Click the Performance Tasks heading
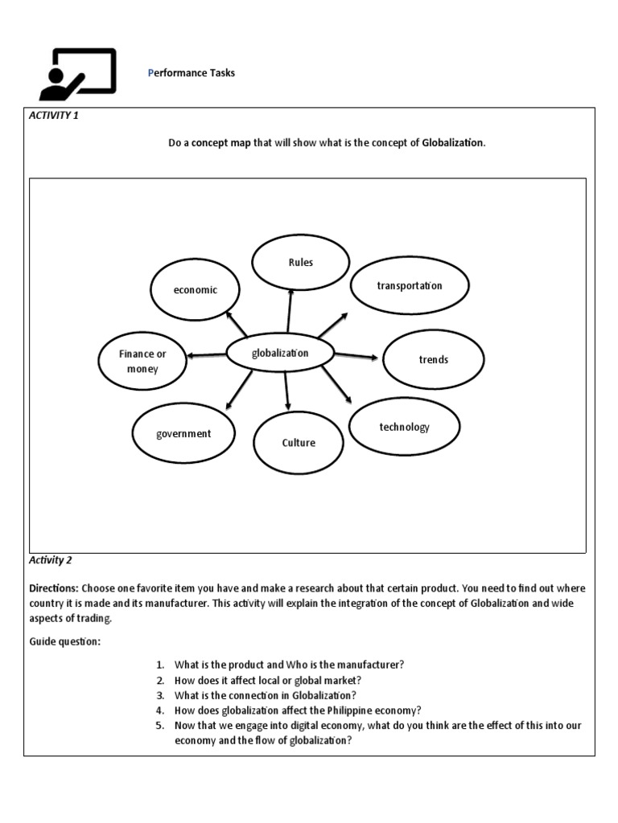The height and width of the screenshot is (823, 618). pyautogui.click(x=192, y=73)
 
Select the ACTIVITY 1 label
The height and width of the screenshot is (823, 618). pyautogui.click(x=54, y=116)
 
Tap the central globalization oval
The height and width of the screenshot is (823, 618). pyautogui.click(x=279, y=354)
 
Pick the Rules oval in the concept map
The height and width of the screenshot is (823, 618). pyautogui.click(x=300, y=263)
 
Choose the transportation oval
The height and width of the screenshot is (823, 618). pyautogui.click(x=410, y=286)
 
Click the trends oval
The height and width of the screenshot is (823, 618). pyautogui.click(x=433, y=359)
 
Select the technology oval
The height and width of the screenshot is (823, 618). pyautogui.click(x=404, y=427)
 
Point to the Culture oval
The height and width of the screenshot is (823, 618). pyautogui.click(x=298, y=443)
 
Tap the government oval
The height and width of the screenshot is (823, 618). pyautogui.click(x=183, y=434)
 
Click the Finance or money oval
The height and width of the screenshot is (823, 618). pyautogui.click(x=142, y=361)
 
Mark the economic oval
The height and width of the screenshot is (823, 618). pyautogui.click(x=195, y=290)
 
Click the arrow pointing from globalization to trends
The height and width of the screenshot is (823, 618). pyautogui.click(x=355, y=356)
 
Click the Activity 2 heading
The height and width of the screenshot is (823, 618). pyautogui.click(x=51, y=560)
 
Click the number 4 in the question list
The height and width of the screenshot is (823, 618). pyautogui.click(x=160, y=710)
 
